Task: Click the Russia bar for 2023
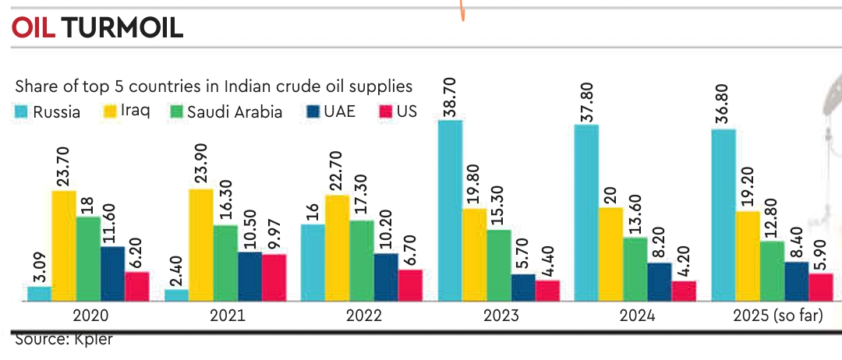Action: (450, 210)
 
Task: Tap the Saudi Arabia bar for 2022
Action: (361, 260)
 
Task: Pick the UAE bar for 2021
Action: (249, 276)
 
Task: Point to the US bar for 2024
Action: (684, 291)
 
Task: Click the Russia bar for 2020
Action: (39, 293)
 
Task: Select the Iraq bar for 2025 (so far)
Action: (747, 256)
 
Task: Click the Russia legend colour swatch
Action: (22, 112)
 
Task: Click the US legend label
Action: (406, 112)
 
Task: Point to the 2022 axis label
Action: (363, 317)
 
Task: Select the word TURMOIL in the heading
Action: (122, 28)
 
